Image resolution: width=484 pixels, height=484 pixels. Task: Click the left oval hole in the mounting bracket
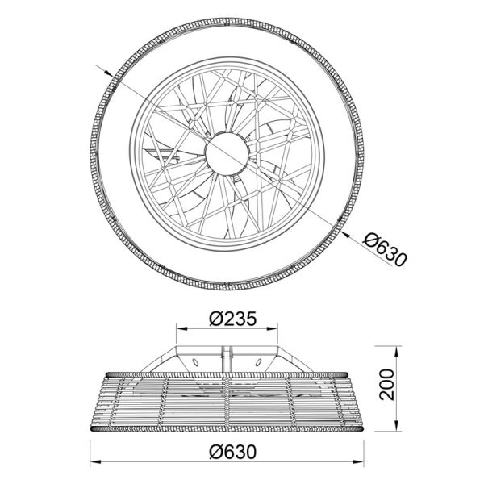(197, 361)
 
